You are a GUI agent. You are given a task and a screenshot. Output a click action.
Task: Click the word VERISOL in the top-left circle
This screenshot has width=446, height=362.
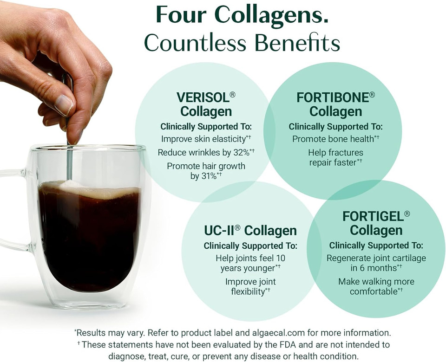point(203,97)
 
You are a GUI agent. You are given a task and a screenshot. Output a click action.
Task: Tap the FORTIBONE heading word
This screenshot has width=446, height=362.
point(332,97)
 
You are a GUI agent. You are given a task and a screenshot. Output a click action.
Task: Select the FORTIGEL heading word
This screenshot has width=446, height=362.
point(373,216)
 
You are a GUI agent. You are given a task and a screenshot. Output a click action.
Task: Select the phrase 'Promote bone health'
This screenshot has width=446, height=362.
point(333,139)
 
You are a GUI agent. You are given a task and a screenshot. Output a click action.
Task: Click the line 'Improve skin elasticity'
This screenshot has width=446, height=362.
point(203,139)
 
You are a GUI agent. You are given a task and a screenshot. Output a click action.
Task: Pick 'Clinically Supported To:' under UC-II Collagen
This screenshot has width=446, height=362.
point(250,246)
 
